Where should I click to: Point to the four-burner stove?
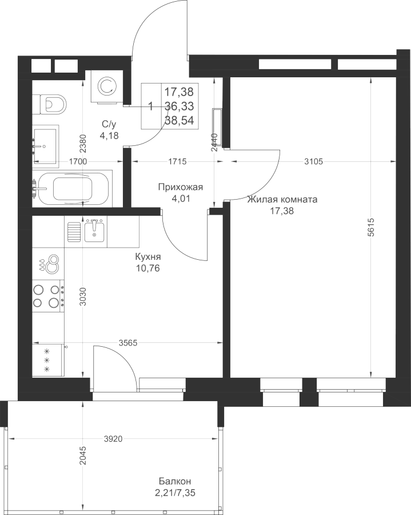point(48,296)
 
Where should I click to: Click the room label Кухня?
point(148,256)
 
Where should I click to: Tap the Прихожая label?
point(181,187)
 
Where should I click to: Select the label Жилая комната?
point(282,199)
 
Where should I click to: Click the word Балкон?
point(175,481)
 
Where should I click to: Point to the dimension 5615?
point(371,227)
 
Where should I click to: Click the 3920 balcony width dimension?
point(113,438)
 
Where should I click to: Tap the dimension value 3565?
point(127,343)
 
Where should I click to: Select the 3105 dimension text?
point(314,161)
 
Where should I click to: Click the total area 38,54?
point(179,121)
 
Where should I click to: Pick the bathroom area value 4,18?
point(109,135)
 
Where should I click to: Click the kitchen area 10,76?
point(148,268)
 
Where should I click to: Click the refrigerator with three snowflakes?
point(48,360)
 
